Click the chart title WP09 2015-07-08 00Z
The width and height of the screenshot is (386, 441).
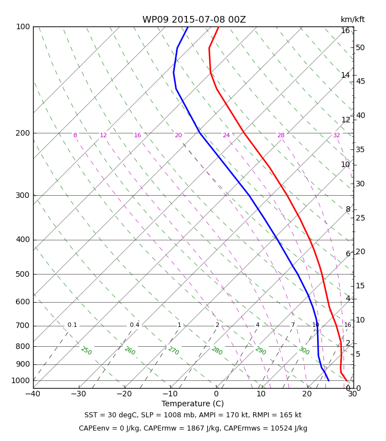click(x=194, y=20)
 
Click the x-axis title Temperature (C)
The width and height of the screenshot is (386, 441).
click(x=192, y=404)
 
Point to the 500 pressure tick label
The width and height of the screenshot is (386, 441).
click(x=23, y=274)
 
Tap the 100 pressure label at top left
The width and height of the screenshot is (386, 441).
click(x=23, y=26)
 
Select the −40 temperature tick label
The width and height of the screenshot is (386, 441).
click(x=33, y=394)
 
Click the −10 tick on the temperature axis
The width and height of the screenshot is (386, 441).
click(x=170, y=394)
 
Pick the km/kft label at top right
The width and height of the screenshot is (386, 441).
click(x=352, y=19)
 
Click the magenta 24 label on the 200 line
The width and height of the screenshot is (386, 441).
click(x=226, y=135)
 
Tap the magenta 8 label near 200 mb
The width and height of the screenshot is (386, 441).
click(x=75, y=135)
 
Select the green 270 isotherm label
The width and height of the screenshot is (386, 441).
click(x=173, y=351)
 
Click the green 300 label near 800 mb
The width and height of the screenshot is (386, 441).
click(x=304, y=351)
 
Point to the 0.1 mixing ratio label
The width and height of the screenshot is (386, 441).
click(x=72, y=325)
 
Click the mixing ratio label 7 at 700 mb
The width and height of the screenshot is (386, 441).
click(x=293, y=325)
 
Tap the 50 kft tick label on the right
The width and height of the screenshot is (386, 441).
click(x=360, y=47)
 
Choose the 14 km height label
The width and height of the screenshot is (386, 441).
click(x=346, y=75)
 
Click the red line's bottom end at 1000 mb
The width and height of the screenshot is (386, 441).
click(x=347, y=381)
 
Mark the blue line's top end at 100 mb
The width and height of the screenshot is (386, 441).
click(x=188, y=27)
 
